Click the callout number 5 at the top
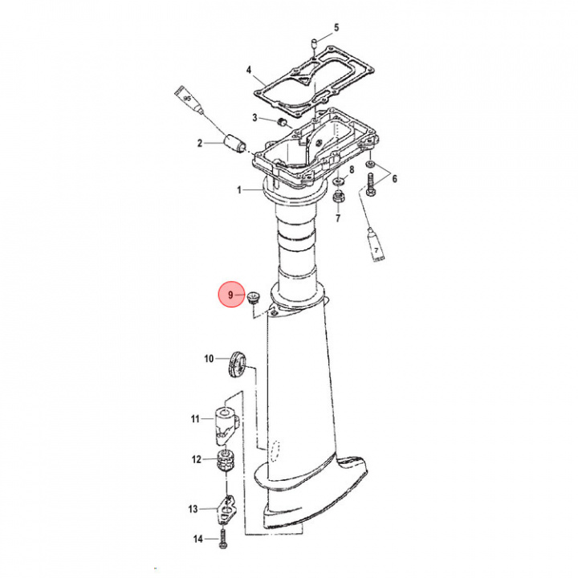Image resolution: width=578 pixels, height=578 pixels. click(336, 27)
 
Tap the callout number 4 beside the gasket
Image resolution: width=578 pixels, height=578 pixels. click(249, 70)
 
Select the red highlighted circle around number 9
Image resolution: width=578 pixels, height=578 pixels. click(231, 295)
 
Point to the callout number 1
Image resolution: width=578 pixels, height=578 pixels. click(239, 190)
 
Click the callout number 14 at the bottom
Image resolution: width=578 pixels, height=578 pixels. click(198, 539)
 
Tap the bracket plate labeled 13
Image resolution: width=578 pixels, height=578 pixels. click(227, 509)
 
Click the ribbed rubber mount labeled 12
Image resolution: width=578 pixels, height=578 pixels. click(226, 460)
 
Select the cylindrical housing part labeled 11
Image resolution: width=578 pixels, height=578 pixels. click(226, 425)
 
